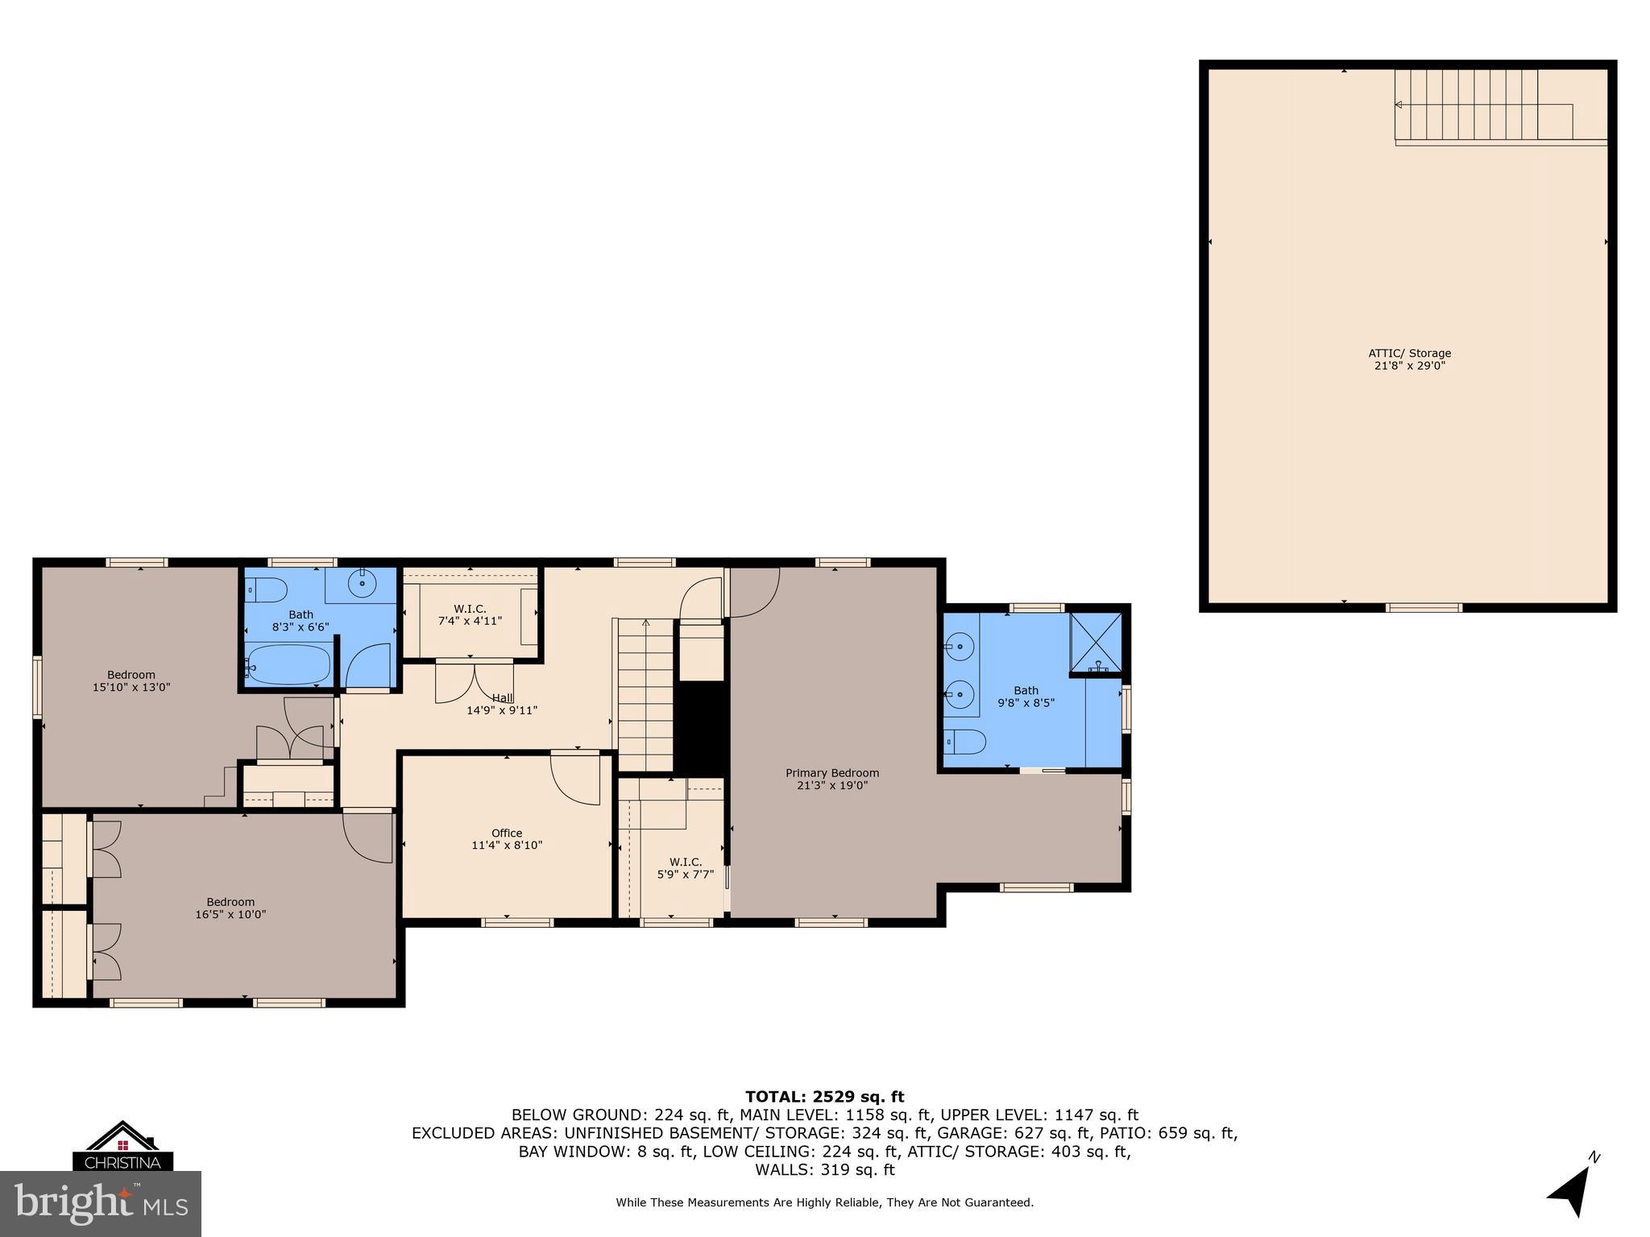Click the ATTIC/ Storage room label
(x=1409, y=359)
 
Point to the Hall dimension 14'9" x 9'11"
(x=502, y=710)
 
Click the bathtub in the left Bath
(x=288, y=665)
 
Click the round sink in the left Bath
(x=363, y=581)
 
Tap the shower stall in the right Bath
(x=1095, y=642)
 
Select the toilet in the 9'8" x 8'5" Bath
(x=965, y=741)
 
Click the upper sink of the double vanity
(x=960, y=646)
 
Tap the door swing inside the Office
(x=575, y=779)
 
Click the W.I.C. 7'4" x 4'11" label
(x=470, y=614)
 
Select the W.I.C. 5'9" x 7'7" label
(x=685, y=868)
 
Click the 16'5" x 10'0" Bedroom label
(x=230, y=908)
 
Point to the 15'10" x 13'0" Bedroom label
(x=131, y=681)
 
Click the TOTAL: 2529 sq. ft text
(x=824, y=1097)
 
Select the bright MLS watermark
(x=101, y=1204)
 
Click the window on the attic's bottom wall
(x=1424, y=607)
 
